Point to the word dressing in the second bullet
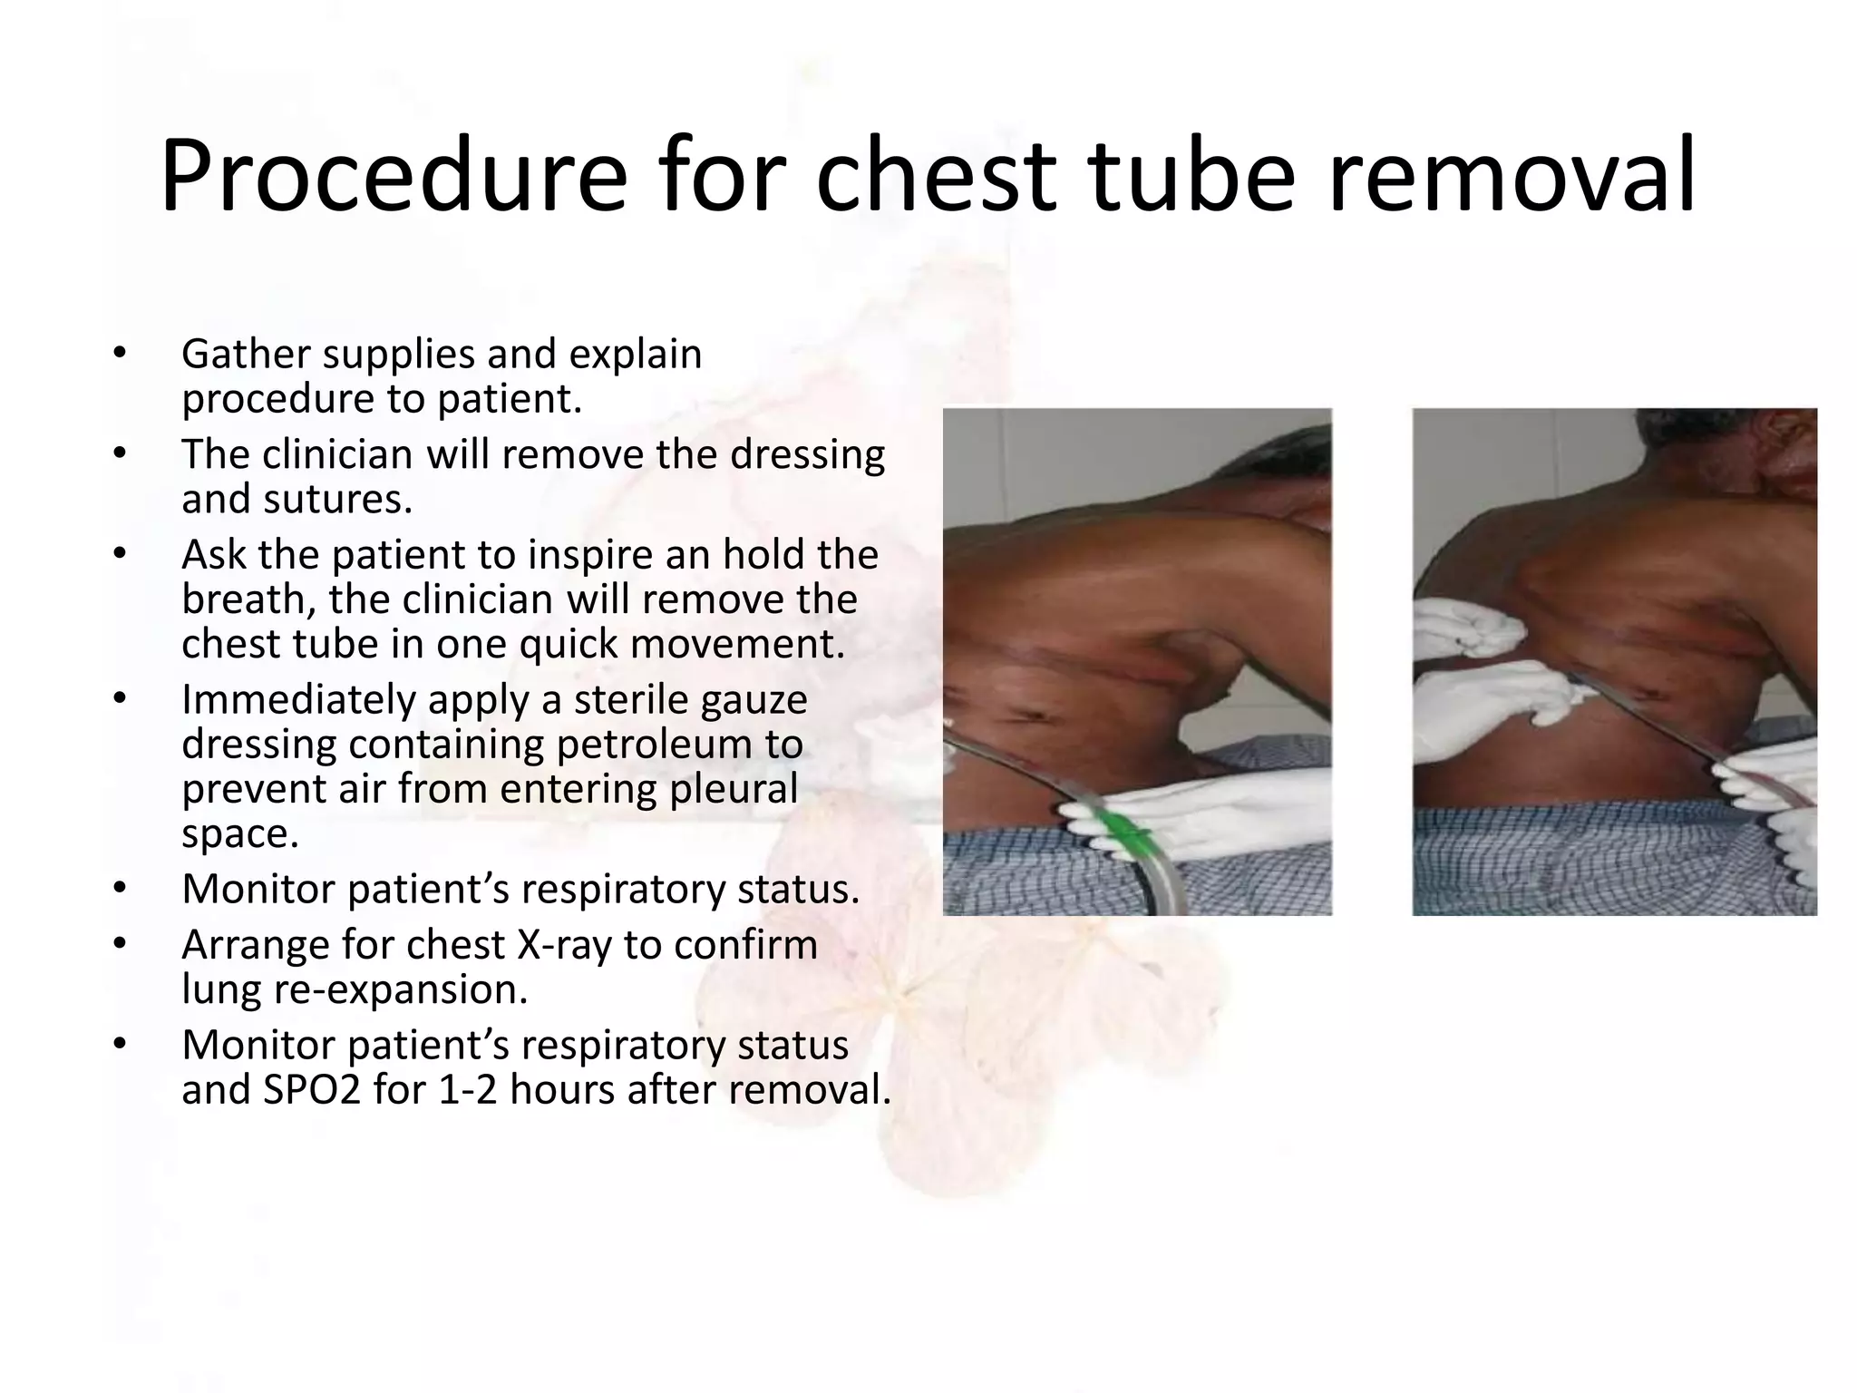click(807, 454)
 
